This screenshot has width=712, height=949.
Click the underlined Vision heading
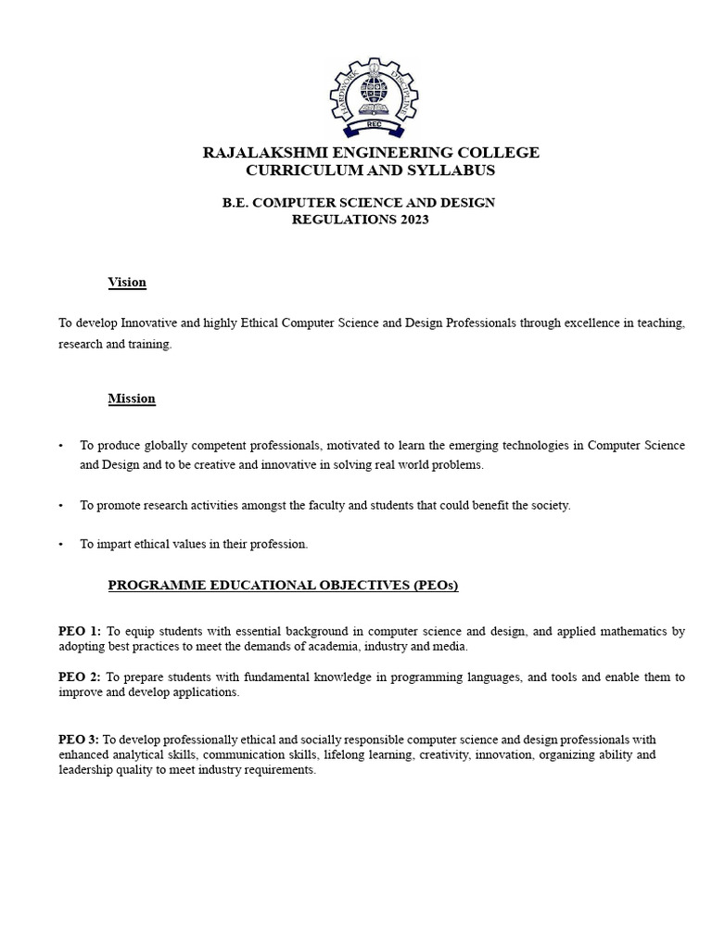tap(127, 283)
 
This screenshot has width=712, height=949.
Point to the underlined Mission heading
tap(132, 399)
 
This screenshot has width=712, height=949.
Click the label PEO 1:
tap(80, 631)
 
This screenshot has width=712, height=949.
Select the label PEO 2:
tap(80, 677)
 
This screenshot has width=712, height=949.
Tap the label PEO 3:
tap(79, 740)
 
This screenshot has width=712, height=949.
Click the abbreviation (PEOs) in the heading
tap(426, 585)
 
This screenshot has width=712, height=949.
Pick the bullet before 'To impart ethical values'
tap(61, 545)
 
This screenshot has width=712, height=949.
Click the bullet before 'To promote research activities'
tap(61, 506)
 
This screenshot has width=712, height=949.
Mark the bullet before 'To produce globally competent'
tap(61, 446)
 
